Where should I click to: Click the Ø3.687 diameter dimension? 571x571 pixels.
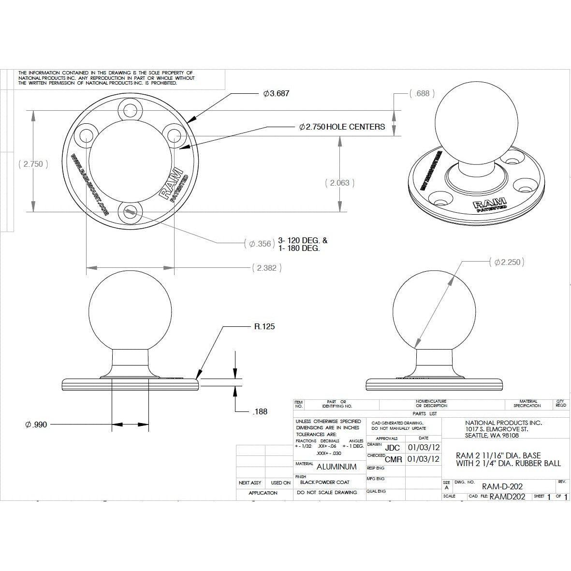point(276,93)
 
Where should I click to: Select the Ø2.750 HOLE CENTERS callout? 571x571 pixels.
point(342,127)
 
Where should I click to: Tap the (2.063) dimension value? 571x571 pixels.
point(339,183)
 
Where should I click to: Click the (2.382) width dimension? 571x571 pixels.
point(266,267)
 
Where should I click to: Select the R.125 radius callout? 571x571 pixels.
point(264,326)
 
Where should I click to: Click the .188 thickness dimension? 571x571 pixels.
point(260,411)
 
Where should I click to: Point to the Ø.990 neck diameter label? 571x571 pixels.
point(36,425)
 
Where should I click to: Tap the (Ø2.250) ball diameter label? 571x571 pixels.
point(506,262)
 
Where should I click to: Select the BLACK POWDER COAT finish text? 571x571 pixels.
point(324,482)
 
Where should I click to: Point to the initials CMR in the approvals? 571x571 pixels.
point(394,459)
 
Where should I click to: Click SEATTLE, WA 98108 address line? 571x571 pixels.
point(492,435)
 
